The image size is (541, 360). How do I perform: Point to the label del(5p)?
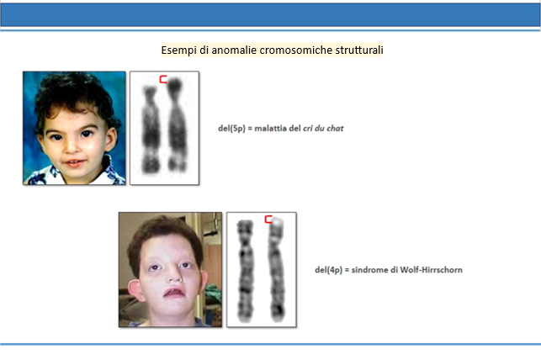pyautogui.click(x=231, y=129)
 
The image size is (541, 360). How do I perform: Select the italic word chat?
pyautogui.click(x=335, y=129)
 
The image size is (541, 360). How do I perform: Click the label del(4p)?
pyautogui.click(x=328, y=270)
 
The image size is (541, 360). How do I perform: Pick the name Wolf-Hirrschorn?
pyautogui.click(x=432, y=270)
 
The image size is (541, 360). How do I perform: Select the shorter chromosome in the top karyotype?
pyautogui.click(x=151, y=130)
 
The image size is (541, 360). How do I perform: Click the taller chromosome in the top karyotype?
pyautogui.click(x=177, y=124)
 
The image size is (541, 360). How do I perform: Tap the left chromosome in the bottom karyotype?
pyautogui.click(x=245, y=271)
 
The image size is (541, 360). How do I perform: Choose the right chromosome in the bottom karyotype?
pyautogui.click(x=277, y=269)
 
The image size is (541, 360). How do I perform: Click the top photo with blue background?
pyautogui.click(x=74, y=128)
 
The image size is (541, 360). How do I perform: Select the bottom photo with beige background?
pyautogui.click(x=170, y=270)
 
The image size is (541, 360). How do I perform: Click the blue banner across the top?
pyautogui.click(x=271, y=15)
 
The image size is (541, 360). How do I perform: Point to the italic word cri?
pyautogui.click(x=307, y=129)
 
